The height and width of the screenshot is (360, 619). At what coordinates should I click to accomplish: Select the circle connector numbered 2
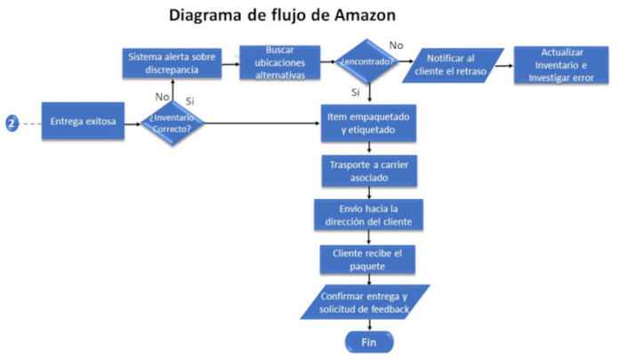point(12,122)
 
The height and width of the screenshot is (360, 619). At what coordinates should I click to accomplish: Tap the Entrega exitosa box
point(83,122)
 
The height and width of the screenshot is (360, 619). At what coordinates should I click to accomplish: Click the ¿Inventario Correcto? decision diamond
point(173,123)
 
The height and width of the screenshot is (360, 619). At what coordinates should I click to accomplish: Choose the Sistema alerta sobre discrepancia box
point(172,63)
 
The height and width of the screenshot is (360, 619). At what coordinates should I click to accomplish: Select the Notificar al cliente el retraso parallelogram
point(453,64)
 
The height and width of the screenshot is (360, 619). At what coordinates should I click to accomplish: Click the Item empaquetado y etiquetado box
point(368,123)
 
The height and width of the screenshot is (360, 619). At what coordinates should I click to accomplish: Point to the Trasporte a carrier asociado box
point(368,169)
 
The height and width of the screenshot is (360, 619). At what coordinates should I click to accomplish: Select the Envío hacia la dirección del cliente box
point(368,213)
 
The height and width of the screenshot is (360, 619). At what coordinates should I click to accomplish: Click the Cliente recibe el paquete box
point(368,259)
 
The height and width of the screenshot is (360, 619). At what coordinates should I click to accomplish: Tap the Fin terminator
point(368,341)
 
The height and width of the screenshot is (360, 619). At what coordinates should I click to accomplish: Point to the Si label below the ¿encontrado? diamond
point(356,92)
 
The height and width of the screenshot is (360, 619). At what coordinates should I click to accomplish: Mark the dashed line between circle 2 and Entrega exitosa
point(31,122)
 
